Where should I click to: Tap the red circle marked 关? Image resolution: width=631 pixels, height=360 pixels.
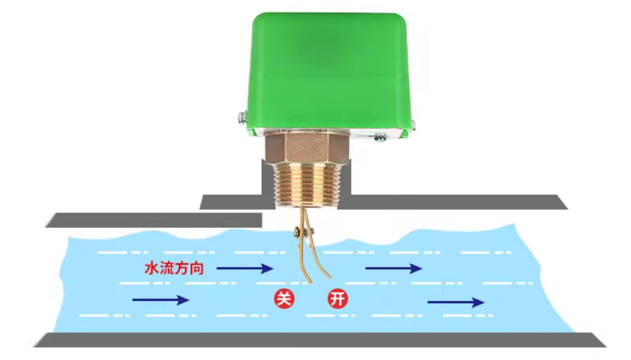284,299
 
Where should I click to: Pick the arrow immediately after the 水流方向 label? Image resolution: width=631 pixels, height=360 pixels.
244,268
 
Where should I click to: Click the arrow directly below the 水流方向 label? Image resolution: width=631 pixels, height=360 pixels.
161,300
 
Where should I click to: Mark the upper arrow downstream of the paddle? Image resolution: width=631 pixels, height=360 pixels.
394,268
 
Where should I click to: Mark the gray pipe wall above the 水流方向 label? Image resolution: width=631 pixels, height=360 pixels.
154,220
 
